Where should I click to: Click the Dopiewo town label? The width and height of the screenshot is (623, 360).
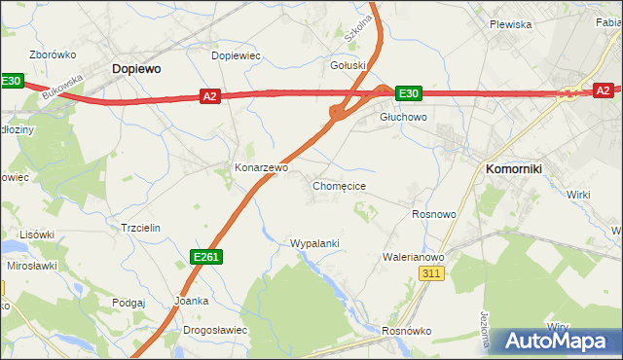pyautogui.click(x=136, y=69)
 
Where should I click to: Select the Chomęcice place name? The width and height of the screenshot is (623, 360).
pyautogui.click(x=339, y=185)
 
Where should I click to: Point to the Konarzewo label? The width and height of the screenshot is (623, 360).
pyautogui.click(x=262, y=167)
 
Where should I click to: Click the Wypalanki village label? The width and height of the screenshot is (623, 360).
pyautogui.click(x=314, y=243)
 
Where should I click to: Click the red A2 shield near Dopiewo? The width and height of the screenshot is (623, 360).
pyautogui.click(x=210, y=95)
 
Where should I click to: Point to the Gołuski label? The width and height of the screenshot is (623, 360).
pyautogui.click(x=348, y=66)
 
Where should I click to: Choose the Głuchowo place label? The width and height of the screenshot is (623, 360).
pyautogui.click(x=403, y=117)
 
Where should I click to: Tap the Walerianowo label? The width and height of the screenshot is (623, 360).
pyautogui.click(x=414, y=257)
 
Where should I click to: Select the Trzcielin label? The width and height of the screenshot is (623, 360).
pyautogui.click(x=139, y=228)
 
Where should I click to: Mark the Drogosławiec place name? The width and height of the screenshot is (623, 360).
pyautogui.click(x=215, y=330)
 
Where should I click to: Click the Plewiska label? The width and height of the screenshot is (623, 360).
pyautogui.click(x=510, y=24)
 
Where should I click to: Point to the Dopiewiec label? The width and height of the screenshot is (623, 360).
pyautogui.click(x=237, y=55)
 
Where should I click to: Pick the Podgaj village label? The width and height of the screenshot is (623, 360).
pyautogui.click(x=128, y=303)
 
